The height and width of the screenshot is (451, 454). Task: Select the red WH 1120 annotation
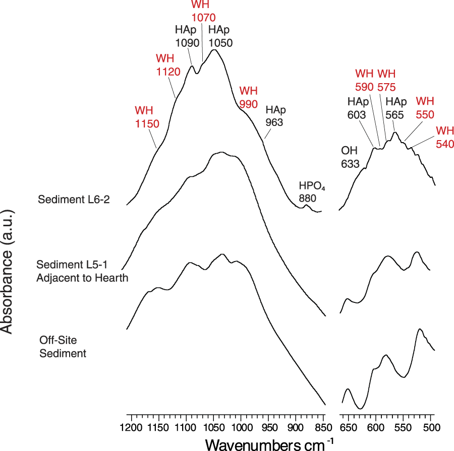point(167,66)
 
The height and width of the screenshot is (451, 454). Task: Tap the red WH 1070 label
point(204,11)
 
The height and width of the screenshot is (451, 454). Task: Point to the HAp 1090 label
point(186,36)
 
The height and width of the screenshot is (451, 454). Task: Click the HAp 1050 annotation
point(220,36)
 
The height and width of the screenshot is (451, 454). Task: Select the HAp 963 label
point(275,116)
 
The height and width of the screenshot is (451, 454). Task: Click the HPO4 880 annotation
point(308,192)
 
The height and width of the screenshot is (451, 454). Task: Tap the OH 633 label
point(350,157)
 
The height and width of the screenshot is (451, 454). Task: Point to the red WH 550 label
point(424,108)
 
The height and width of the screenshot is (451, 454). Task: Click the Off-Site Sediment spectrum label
point(63,347)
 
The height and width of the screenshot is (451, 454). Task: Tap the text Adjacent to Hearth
point(82,278)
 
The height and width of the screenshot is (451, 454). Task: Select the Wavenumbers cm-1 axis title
point(269,444)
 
